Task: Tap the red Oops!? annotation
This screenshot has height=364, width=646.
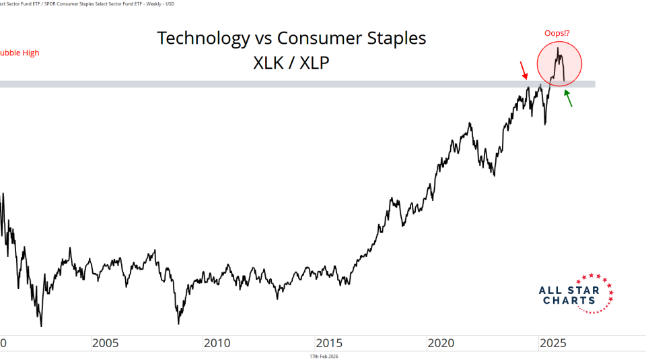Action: tap(559, 33)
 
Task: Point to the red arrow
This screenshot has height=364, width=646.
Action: tap(524, 69)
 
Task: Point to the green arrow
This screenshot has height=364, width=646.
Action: tap(569, 99)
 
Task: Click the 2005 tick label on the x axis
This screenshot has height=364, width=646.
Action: tap(105, 343)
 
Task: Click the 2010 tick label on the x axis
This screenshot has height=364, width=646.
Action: tap(217, 343)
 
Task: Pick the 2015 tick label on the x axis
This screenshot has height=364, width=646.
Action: tap(329, 343)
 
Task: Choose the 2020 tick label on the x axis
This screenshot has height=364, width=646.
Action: tap(441, 343)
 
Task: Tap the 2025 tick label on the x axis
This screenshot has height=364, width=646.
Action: tap(552, 343)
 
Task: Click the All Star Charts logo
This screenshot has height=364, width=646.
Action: tap(576, 294)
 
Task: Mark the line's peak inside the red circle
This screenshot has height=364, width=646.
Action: tap(558, 48)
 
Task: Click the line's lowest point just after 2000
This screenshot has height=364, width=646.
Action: tap(41, 326)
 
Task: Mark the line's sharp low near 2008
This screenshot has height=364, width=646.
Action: tap(179, 324)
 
